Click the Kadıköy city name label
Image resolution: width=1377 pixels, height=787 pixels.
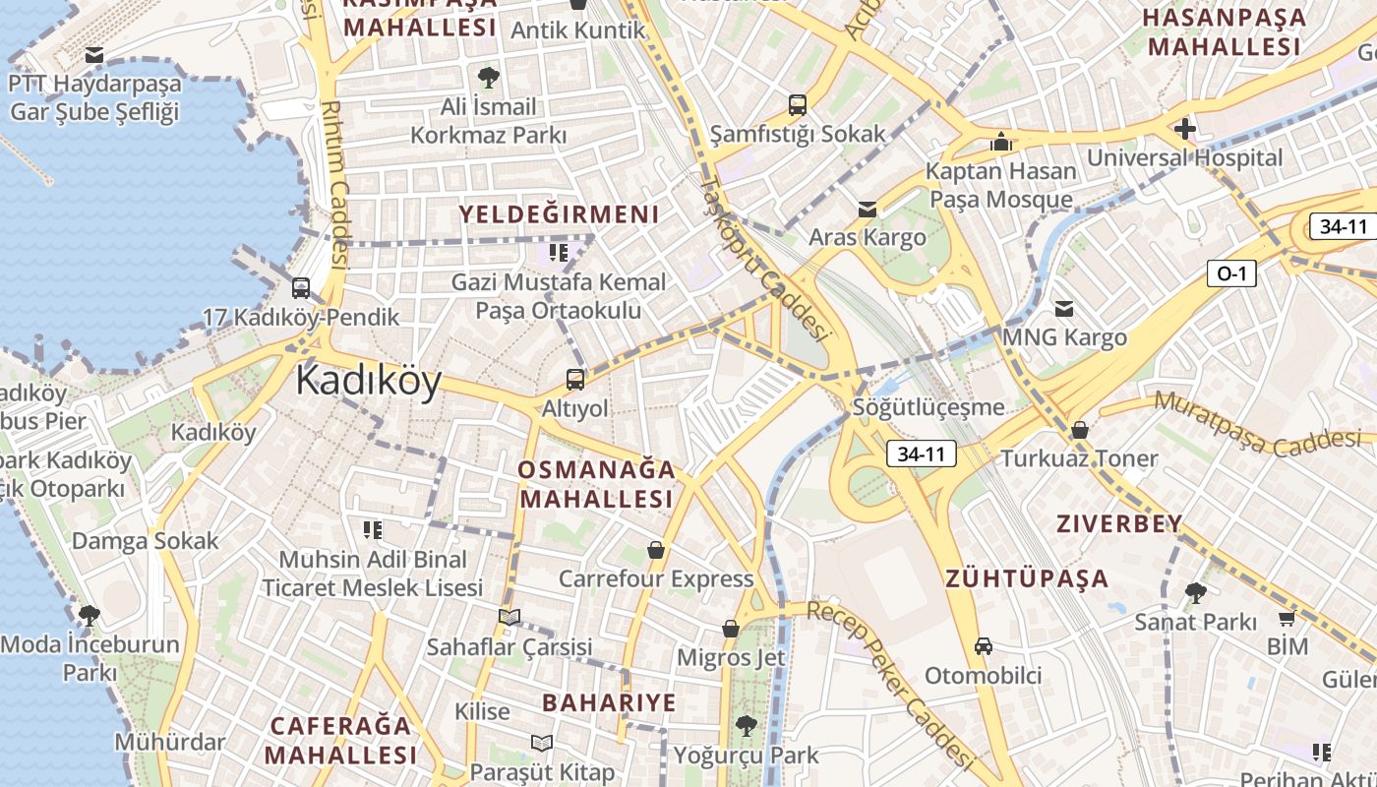coord(369,381)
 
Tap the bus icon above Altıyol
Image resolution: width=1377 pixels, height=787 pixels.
coord(575,379)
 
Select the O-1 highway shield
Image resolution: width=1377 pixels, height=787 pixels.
coord(1231,273)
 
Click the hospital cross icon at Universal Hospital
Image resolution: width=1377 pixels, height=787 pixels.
coord(1185,128)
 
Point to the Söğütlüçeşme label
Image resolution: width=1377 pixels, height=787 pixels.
coord(928,407)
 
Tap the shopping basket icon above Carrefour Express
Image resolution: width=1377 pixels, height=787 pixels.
coord(656,550)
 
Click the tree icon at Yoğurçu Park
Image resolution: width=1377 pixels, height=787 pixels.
coord(746,726)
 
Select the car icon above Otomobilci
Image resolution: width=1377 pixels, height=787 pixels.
coord(983,646)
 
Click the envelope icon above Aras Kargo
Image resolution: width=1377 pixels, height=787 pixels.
coord(867,209)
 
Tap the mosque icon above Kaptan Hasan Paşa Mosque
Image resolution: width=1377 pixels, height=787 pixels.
coord(1001,143)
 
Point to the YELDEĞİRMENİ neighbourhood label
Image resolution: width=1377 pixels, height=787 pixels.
coord(559,214)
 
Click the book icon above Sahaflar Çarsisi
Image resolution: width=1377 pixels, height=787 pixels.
coord(509,617)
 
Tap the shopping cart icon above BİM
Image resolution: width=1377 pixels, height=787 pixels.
coord(1287,618)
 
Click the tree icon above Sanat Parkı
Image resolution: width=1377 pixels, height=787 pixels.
coord(1195,592)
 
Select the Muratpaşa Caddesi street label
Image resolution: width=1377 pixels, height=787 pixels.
coord(1265,424)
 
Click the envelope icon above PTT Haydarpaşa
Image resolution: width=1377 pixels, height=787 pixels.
coord(94,55)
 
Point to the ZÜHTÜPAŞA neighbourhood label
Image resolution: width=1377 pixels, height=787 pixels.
coord(1027,578)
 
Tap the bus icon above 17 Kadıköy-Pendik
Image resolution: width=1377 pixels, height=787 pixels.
coord(301,288)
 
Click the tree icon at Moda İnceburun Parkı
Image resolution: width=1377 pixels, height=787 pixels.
coord(90,616)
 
